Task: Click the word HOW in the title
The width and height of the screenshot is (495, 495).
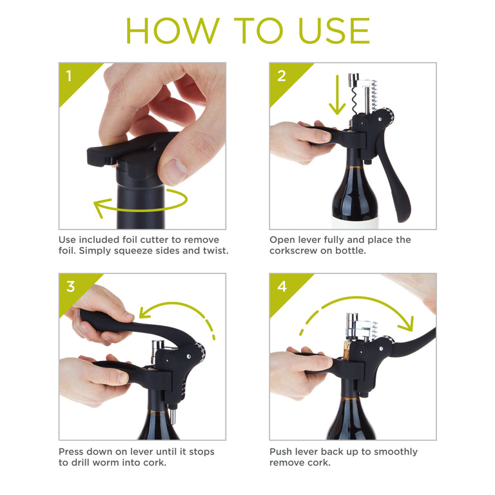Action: pos(165,30)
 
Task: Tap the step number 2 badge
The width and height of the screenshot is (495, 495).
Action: pos(281,76)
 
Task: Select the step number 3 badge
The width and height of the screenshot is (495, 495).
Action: pos(70,287)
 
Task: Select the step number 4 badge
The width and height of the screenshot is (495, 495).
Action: pos(281,287)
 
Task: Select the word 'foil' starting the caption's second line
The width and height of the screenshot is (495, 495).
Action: pos(68,251)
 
